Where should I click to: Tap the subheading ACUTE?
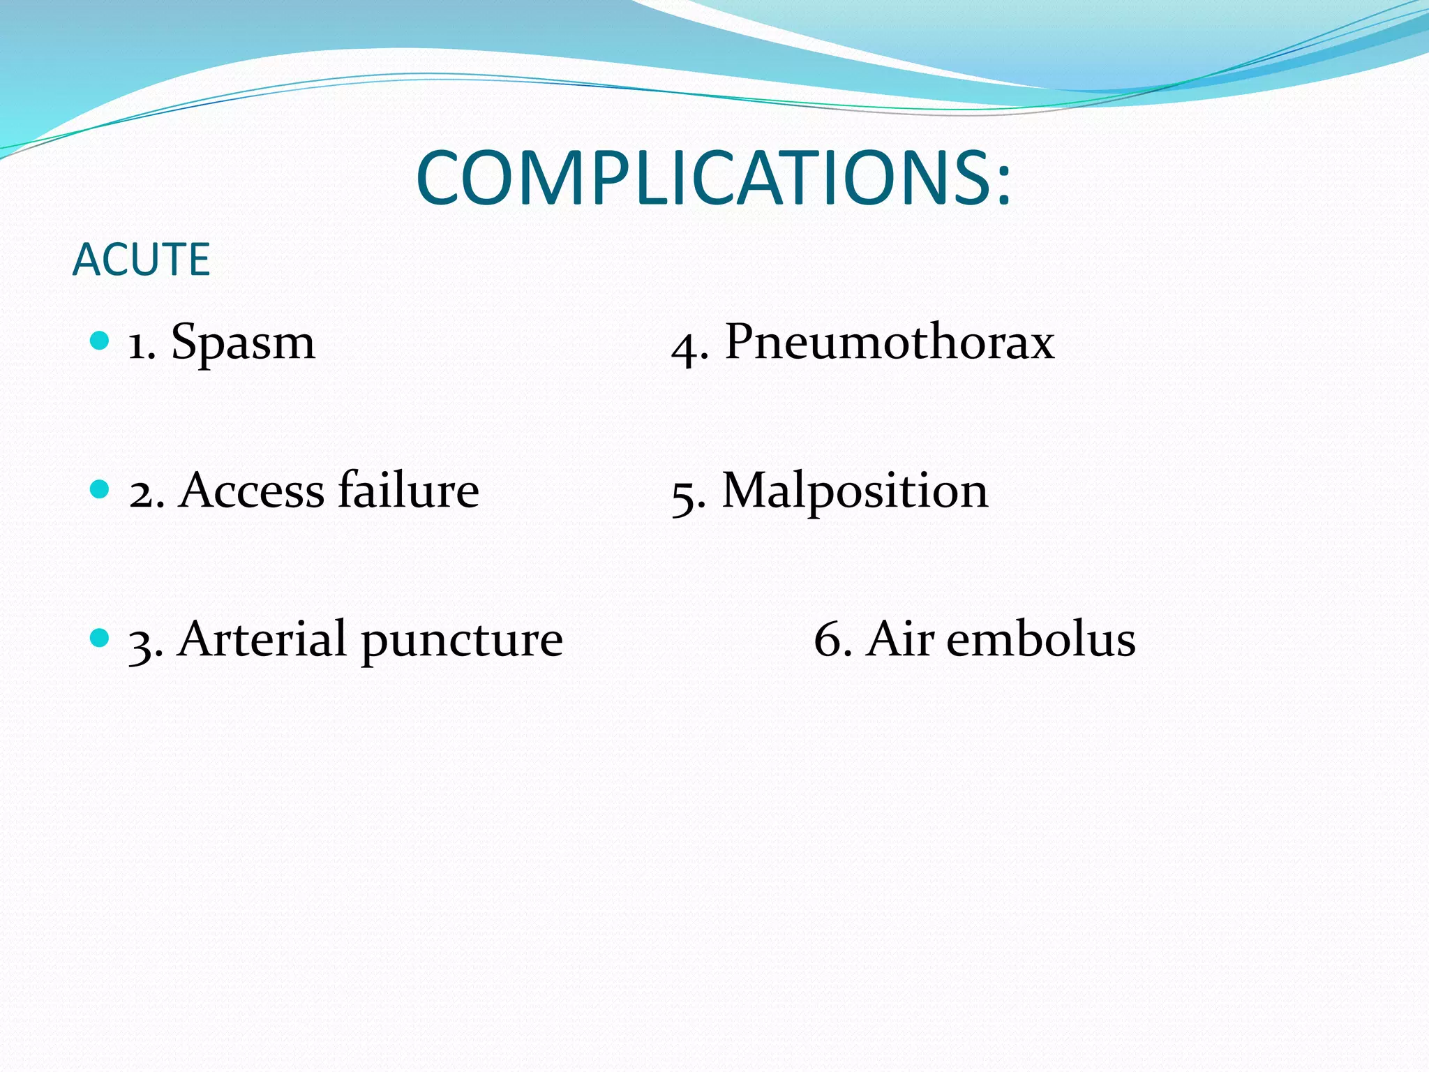pos(141,260)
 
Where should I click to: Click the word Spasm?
pos(243,343)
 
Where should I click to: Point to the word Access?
pos(251,491)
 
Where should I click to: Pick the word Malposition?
pos(855,491)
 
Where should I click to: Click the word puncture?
pos(461,641)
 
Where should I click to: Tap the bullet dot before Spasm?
pos(100,341)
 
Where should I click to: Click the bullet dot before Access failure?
pos(100,489)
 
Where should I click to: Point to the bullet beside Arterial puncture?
pos(100,637)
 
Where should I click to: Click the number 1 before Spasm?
pos(137,347)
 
